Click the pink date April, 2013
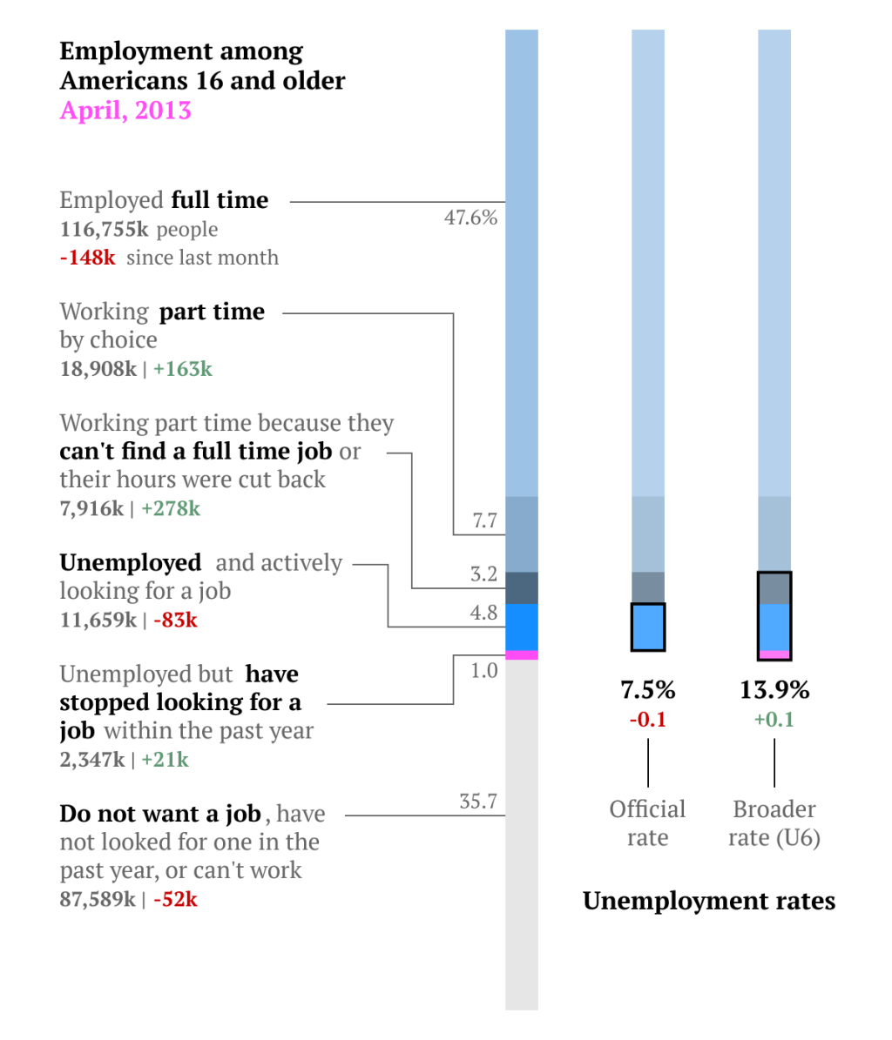[x=125, y=111]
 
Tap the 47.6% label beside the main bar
[x=470, y=218]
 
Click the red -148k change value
[x=88, y=258]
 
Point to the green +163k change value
[x=183, y=369]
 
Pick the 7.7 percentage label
[x=484, y=520]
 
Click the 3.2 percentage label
[x=483, y=574]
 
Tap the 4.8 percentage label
[x=483, y=613]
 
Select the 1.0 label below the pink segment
[x=483, y=670]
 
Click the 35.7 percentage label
[x=478, y=802]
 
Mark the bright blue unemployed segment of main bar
[x=522, y=627]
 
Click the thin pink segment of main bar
[x=522, y=654]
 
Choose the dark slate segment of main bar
[x=522, y=587]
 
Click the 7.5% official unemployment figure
[x=648, y=690]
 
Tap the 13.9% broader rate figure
[x=774, y=690]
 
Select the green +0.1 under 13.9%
[x=774, y=720]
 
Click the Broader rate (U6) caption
[x=774, y=823]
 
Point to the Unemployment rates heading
[x=709, y=901]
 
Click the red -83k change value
[x=175, y=621]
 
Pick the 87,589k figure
[x=98, y=899]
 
